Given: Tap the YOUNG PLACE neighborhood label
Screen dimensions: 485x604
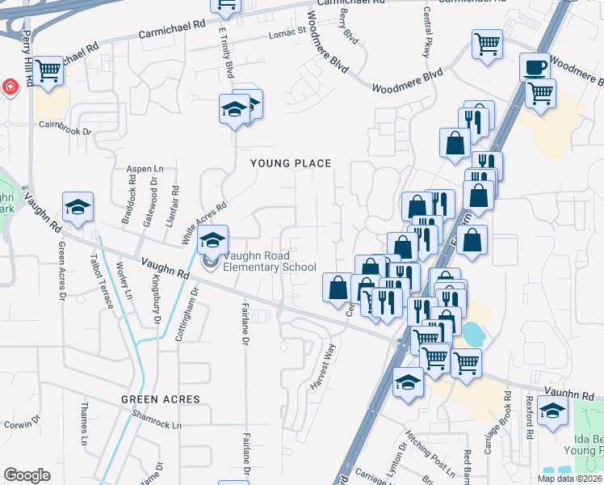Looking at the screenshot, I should point(291,163).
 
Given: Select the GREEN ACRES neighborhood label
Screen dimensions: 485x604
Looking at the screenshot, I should point(161,399).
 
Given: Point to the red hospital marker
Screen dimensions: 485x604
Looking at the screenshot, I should point(10,86).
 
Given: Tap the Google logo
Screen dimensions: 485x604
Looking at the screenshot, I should point(27,475).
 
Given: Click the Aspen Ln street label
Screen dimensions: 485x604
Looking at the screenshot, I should point(145,168).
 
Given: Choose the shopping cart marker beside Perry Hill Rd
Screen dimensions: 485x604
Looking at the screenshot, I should point(48,70).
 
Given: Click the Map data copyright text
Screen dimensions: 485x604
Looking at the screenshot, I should point(566,479).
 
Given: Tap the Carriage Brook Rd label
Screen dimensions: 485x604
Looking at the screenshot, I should point(507,420).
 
